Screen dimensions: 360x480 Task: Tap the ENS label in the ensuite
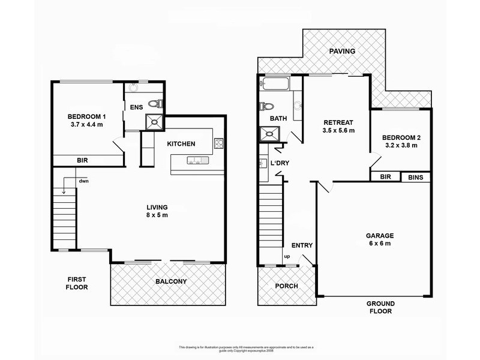[x=136, y=108]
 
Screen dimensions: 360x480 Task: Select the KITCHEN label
[x=179, y=144]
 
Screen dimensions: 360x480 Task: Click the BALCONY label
[x=170, y=281]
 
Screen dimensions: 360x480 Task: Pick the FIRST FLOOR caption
[x=77, y=283]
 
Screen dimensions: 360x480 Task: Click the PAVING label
[x=343, y=51]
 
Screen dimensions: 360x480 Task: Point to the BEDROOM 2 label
[x=401, y=142]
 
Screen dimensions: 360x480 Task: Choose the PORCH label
[x=287, y=286]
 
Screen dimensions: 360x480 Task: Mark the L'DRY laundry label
[x=280, y=164]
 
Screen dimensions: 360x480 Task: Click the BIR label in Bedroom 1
[x=83, y=161]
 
